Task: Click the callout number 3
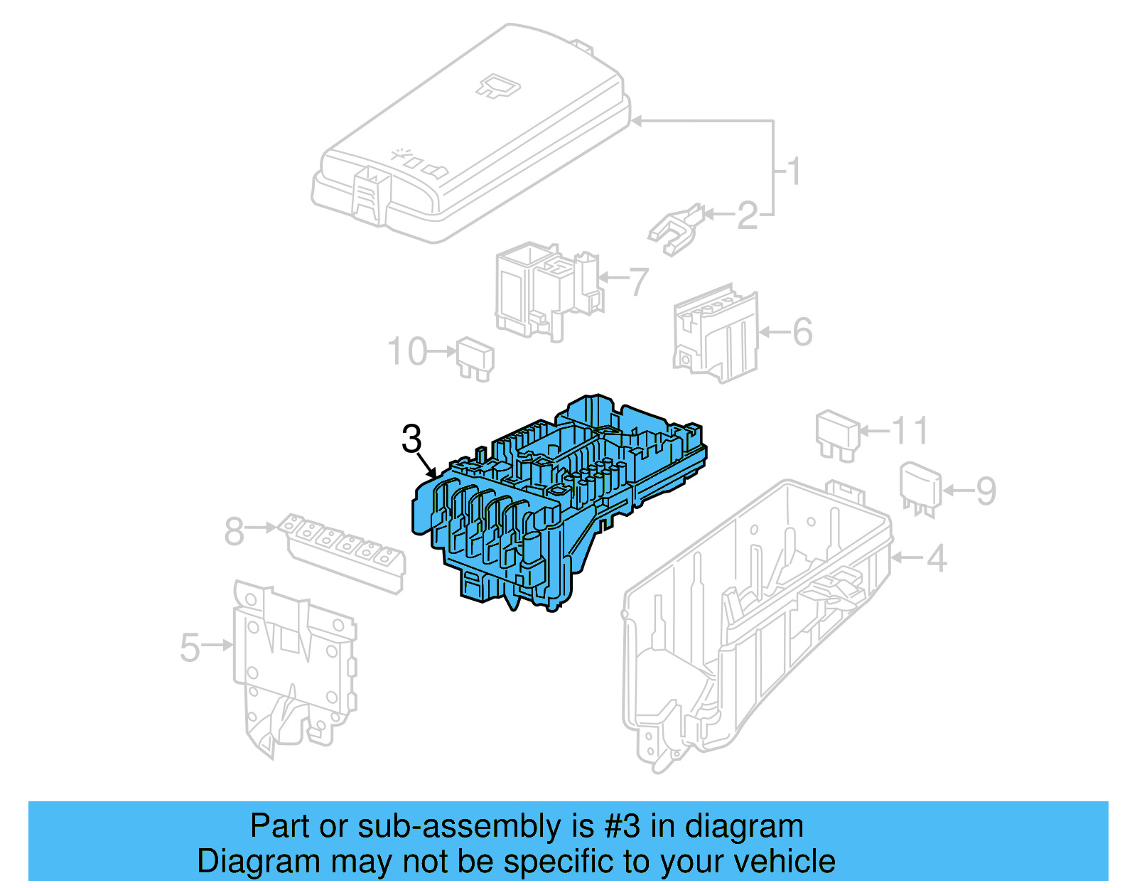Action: pos(411,439)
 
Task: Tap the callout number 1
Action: pos(794,171)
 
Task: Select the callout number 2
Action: pos(747,215)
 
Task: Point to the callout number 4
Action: pos(937,558)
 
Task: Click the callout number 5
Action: pos(190,647)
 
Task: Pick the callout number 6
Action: pos(802,332)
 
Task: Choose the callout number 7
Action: pos(639,282)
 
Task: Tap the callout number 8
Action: pos(234,531)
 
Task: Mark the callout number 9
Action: pos(986,491)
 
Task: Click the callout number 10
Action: pos(407,352)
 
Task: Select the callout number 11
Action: pos(910,431)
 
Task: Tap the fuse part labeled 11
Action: pos(838,433)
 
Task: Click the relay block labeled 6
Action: pos(714,334)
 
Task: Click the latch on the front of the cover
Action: pos(370,192)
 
